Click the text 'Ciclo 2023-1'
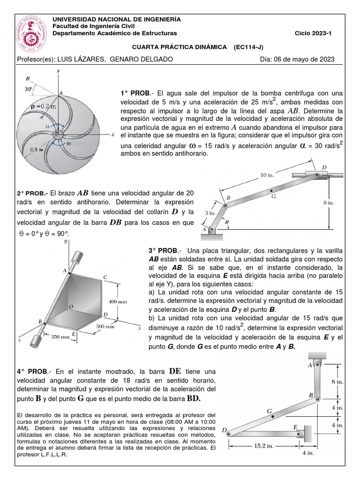[313, 33]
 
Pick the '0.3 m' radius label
[24, 150]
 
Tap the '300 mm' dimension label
[105, 325]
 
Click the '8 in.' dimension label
[337, 382]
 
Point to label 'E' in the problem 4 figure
[295, 427]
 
